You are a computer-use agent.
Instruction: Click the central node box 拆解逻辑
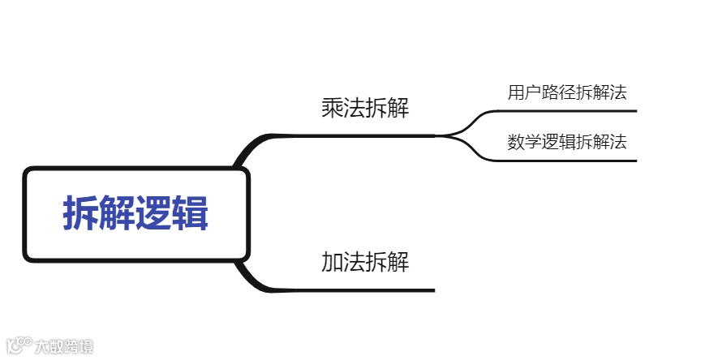135,214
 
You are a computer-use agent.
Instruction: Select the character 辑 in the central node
190,215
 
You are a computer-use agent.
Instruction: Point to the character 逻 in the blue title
154,215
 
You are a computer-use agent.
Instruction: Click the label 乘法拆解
365,109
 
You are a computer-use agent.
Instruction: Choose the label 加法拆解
365,263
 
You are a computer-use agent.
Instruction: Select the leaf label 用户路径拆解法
567,92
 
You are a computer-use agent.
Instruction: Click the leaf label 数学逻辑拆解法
567,143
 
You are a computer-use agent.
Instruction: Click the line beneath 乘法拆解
365,135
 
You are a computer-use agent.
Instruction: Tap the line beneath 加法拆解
365,289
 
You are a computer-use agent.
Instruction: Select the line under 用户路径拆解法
568,110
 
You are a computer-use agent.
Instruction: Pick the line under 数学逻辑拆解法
568,161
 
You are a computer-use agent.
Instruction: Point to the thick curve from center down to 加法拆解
248,276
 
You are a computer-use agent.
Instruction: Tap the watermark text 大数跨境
64,347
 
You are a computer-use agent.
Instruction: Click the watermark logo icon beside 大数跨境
19,346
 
